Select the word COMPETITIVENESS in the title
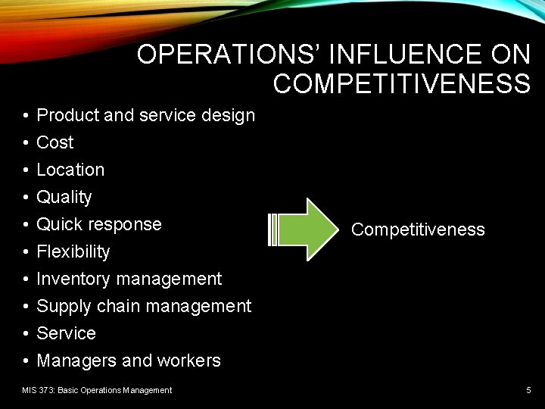(402, 83)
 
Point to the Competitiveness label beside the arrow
(418, 229)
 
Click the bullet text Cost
(55, 142)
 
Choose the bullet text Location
(70, 170)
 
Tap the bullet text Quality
(64, 197)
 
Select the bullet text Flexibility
(73, 251)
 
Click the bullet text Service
(67, 333)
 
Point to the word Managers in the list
(74, 361)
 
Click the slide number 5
(528, 390)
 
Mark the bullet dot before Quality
(26, 197)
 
